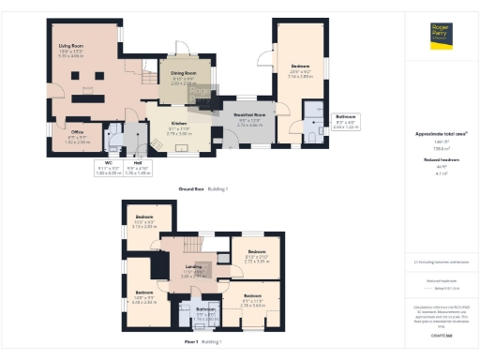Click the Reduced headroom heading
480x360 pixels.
coord(441,160)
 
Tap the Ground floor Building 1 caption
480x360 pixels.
coord(202,189)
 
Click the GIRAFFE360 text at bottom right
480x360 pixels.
coord(441,335)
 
